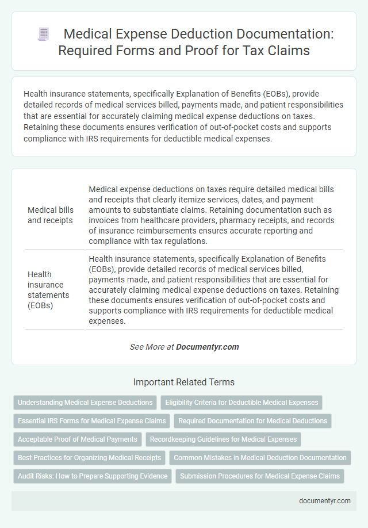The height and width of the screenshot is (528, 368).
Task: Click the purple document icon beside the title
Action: (x=44, y=34)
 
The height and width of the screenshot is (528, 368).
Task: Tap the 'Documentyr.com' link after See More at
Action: (x=207, y=347)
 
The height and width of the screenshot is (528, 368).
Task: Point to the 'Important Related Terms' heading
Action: (x=184, y=382)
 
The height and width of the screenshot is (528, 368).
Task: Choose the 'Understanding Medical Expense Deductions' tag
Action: (x=85, y=402)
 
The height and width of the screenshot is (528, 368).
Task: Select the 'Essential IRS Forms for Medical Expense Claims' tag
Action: (x=91, y=420)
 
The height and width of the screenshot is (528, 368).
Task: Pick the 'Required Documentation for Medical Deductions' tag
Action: (x=252, y=420)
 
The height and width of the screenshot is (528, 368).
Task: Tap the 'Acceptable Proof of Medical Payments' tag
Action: (x=78, y=439)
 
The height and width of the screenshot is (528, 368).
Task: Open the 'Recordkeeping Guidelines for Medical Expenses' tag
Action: (x=223, y=439)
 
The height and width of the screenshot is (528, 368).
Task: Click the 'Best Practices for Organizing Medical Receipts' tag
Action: (x=89, y=458)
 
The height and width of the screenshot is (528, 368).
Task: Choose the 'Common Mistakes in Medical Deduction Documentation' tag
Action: (x=260, y=458)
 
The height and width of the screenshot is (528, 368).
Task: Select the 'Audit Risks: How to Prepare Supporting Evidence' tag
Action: (x=93, y=476)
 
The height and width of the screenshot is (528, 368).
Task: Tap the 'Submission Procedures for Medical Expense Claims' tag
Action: (x=260, y=476)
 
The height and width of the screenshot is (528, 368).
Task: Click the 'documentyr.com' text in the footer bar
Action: (x=324, y=500)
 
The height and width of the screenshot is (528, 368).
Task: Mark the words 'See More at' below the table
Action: (x=151, y=347)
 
